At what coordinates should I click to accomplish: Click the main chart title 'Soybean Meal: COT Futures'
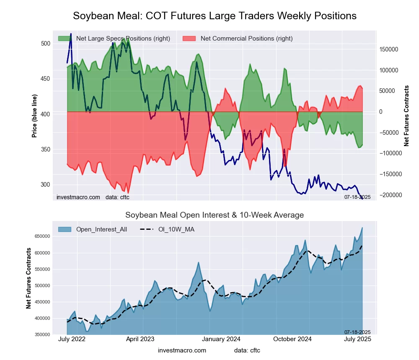tap(215, 16)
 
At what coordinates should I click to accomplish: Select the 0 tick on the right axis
tap(380, 112)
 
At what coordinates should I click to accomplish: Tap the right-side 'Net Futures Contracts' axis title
tap(406, 116)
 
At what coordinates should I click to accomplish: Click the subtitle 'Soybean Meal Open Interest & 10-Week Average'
tap(215, 215)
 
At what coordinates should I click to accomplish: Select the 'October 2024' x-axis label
tap(292, 339)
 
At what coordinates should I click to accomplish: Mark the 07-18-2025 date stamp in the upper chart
tap(357, 197)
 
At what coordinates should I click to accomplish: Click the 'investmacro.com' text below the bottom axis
tap(182, 350)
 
